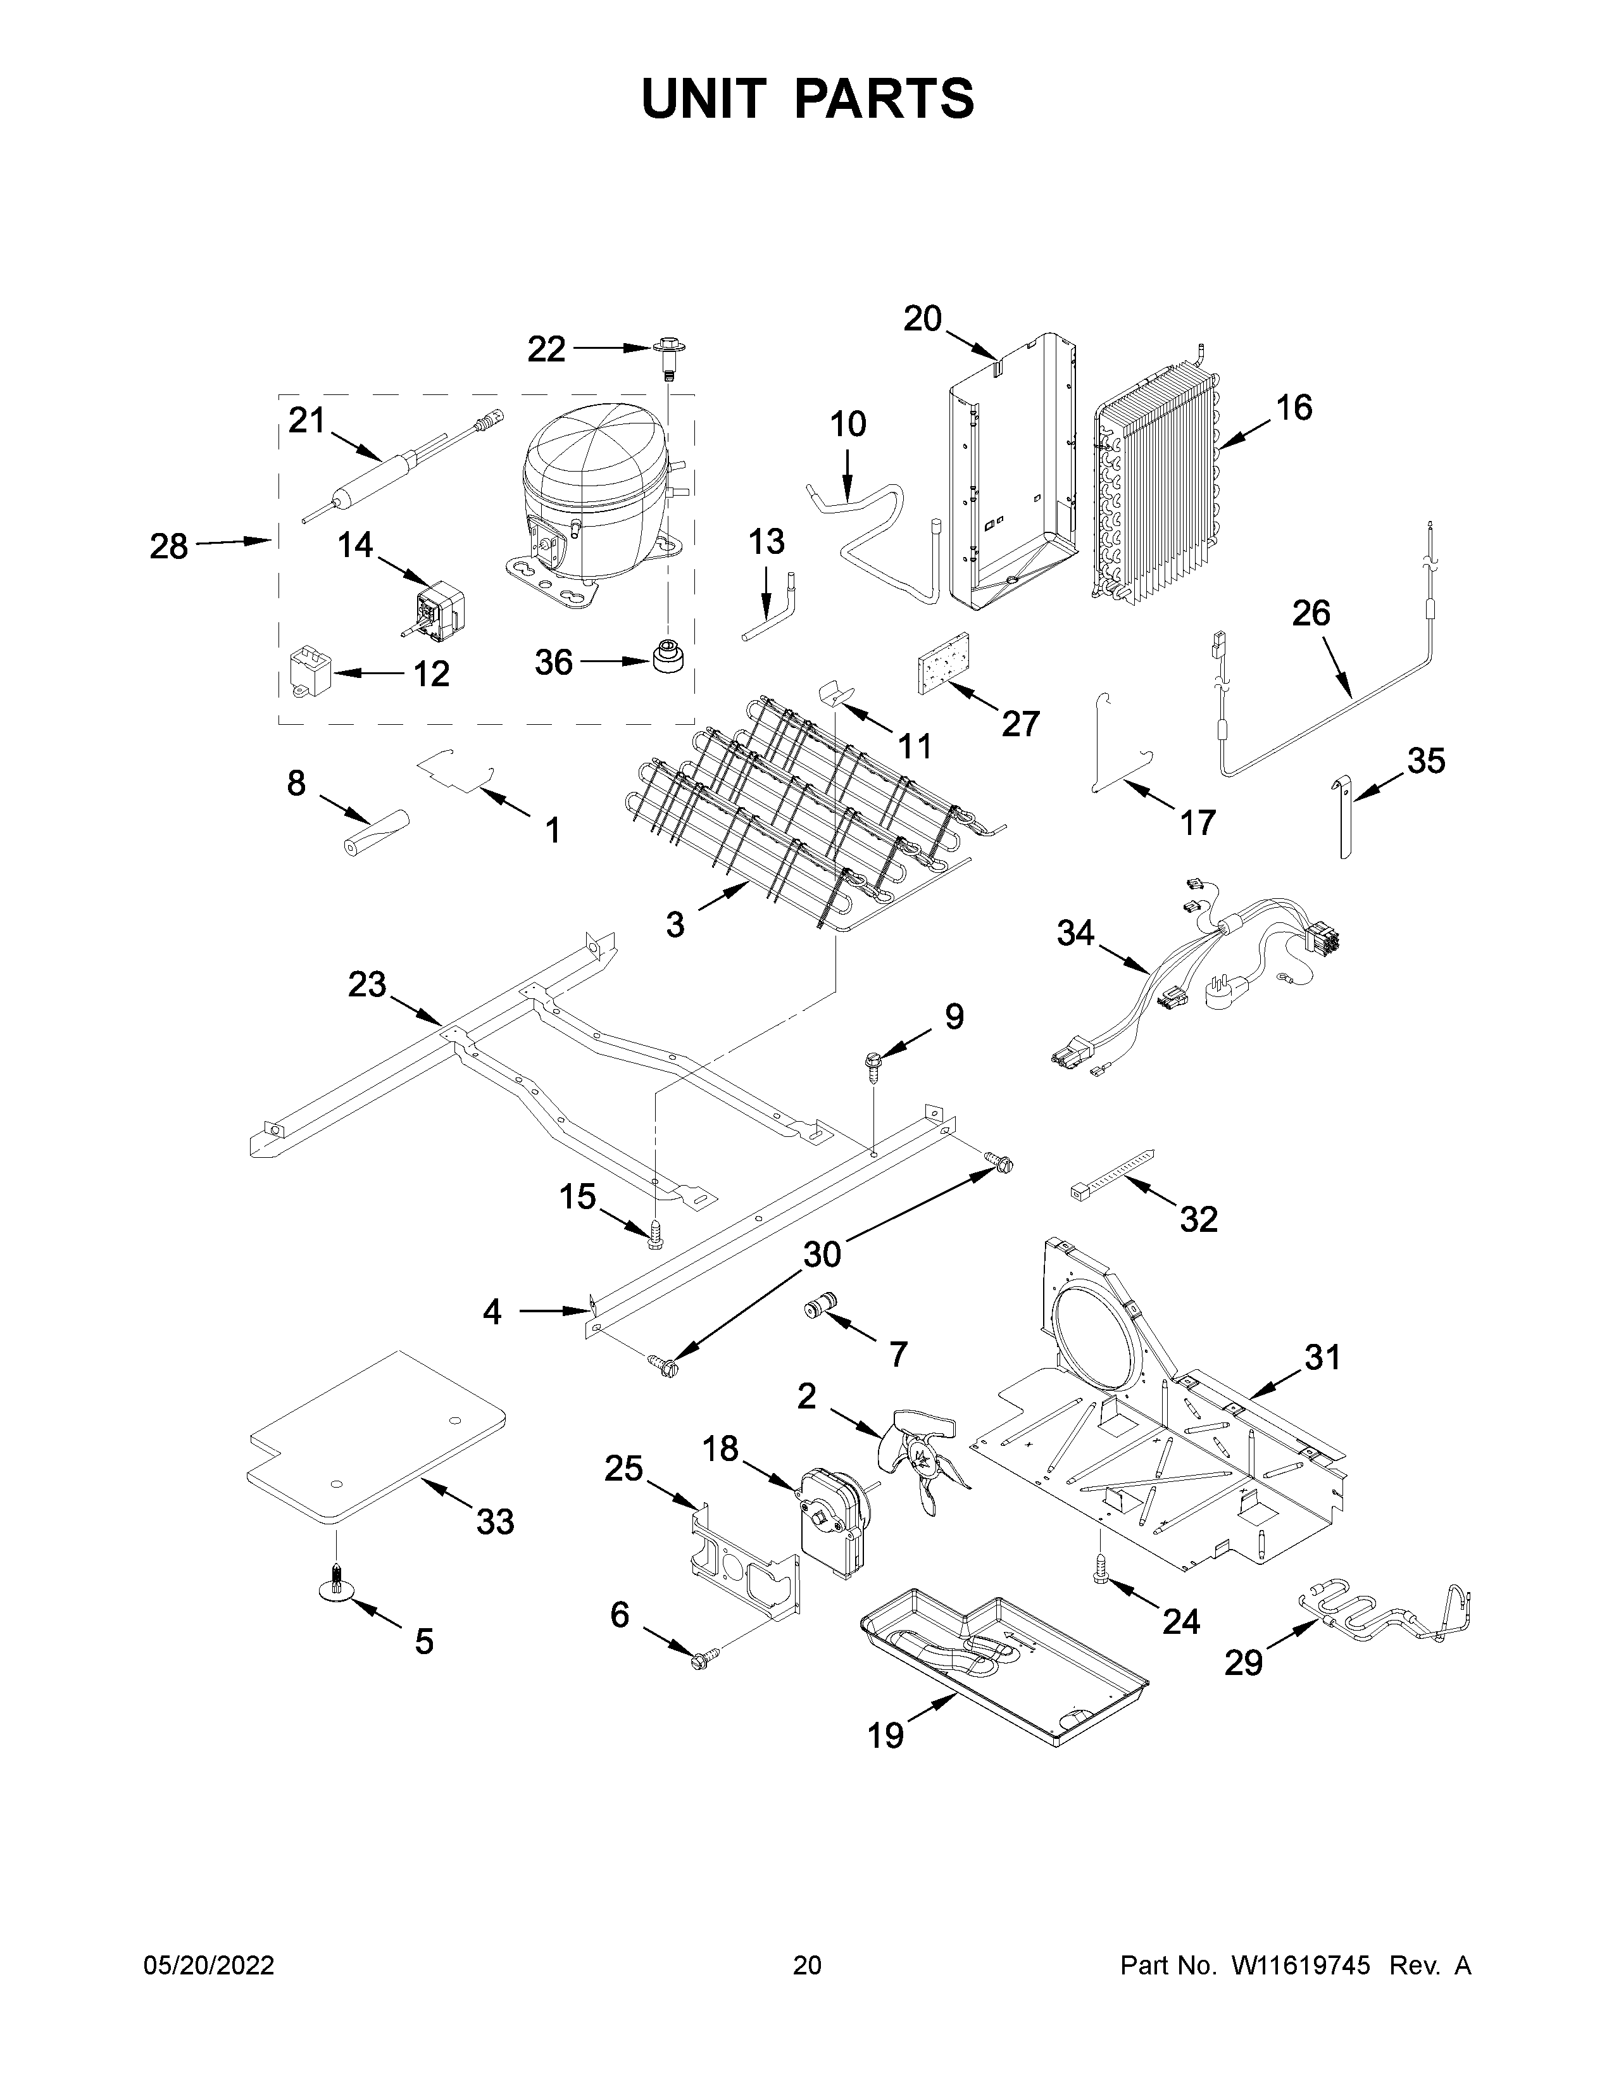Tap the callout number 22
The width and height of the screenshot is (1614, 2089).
(546, 349)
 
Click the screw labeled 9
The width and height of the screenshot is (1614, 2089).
(873, 1063)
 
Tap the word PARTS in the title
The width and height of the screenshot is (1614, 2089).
(884, 99)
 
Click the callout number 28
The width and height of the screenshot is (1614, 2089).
(168, 546)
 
